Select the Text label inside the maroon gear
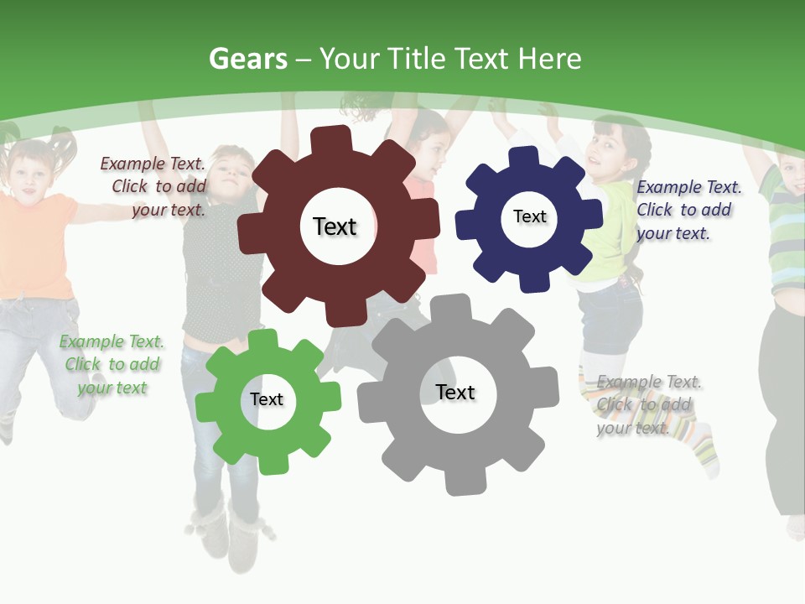click(335, 226)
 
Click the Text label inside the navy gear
click(529, 216)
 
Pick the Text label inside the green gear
click(267, 399)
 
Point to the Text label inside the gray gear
click(455, 392)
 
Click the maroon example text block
click(153, 186)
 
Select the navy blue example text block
click(688, 210)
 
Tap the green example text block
click(112, 364)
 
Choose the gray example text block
click(647, 404)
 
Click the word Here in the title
click(550, 59)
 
